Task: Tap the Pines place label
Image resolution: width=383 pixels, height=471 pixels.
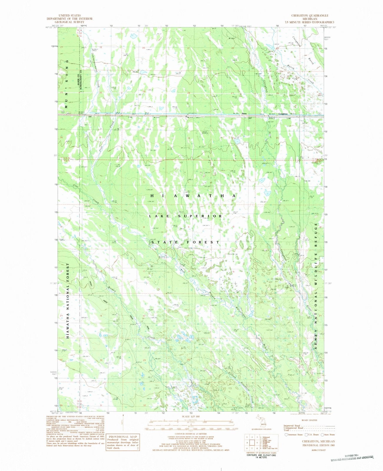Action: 243,114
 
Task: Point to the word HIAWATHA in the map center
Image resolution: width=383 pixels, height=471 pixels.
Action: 193,195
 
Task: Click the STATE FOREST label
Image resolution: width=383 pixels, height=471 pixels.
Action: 185,242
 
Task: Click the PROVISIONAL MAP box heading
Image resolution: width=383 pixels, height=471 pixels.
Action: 122,437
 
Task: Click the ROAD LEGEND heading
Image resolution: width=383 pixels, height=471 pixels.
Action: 309,420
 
